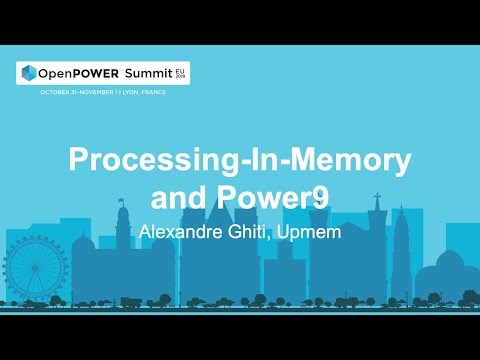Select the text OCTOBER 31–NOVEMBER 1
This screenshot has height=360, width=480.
[x=80, y=92]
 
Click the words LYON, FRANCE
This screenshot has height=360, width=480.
[x=144, y=92]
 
